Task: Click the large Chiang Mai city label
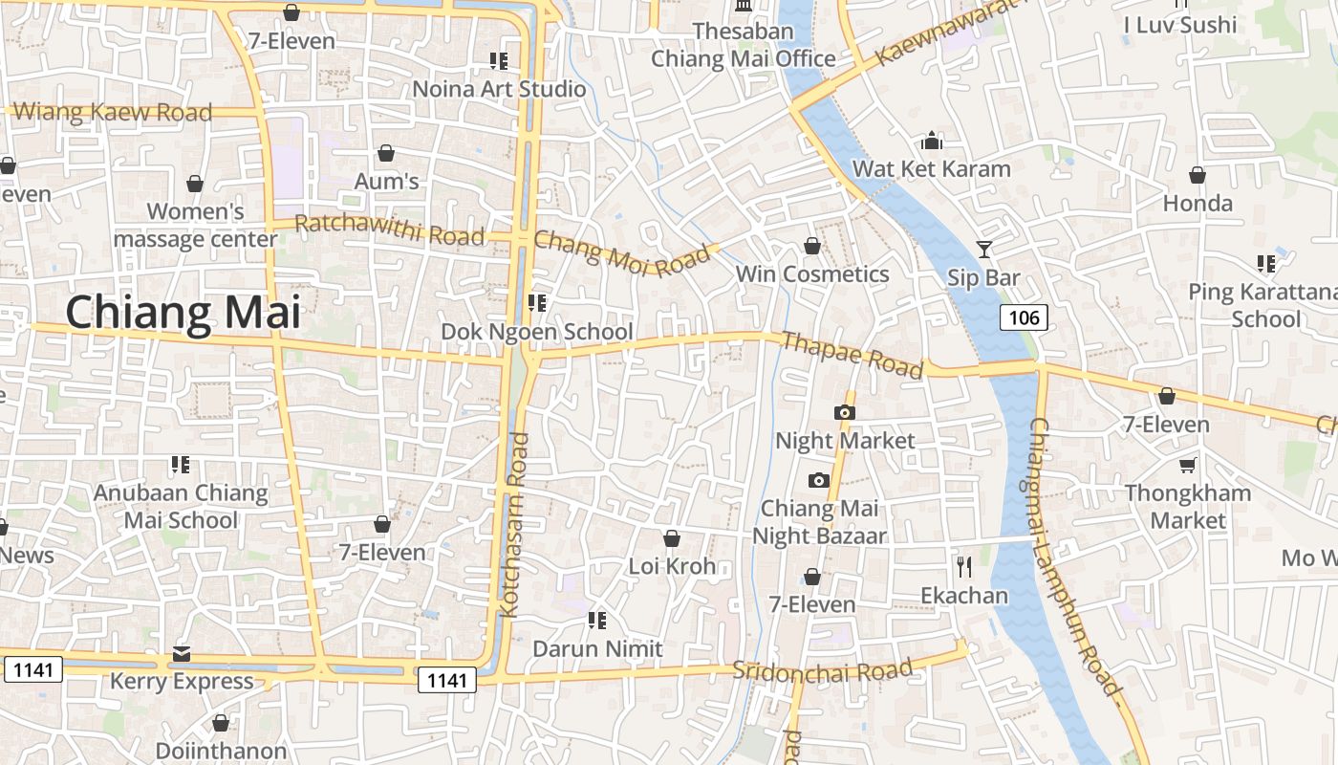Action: click(183, 313)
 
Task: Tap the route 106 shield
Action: click(1024, 317)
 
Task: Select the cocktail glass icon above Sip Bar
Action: click(984, 250)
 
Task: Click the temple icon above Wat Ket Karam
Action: click(932, 142)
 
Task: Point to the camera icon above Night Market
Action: click(844, 412)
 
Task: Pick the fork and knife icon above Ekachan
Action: click(963, 567)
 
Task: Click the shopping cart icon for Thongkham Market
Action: click(1187, 465)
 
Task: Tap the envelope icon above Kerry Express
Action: click(182, 654)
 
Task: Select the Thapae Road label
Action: click(852, 355)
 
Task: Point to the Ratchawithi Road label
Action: click(389, 229)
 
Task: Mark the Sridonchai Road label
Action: click(823, 670)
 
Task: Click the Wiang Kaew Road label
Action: click(113, 112)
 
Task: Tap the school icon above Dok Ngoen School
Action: click(536, 303)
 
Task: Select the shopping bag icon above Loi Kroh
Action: click(672, 538)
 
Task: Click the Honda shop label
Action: click(1198, 203)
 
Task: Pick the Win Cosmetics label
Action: click(812, 274)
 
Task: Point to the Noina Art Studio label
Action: click(499, 89)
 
